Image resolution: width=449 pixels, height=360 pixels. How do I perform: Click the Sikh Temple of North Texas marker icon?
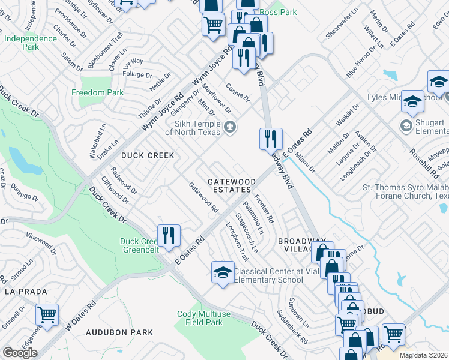229,127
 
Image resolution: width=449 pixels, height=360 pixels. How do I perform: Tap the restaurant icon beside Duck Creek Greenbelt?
169,235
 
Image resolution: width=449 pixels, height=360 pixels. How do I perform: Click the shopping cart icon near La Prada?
46,314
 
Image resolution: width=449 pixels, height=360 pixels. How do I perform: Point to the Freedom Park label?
97,92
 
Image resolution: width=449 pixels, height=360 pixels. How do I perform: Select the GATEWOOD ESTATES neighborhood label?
232,185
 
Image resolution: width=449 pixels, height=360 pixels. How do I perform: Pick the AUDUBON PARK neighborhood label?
119,332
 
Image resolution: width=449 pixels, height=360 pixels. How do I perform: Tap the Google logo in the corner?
19,352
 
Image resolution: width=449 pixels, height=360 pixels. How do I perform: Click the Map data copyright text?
424,355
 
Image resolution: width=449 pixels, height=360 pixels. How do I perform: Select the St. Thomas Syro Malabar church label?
405,191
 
